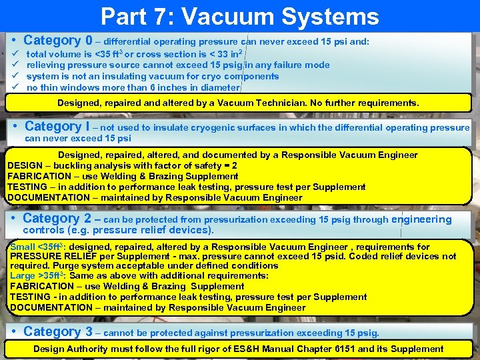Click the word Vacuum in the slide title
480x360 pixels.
[x=244, y=17]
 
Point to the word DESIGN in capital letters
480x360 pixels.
[x=25, y=165]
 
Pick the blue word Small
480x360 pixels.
[x=23, y=247]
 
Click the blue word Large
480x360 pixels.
[x=23, y=275]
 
